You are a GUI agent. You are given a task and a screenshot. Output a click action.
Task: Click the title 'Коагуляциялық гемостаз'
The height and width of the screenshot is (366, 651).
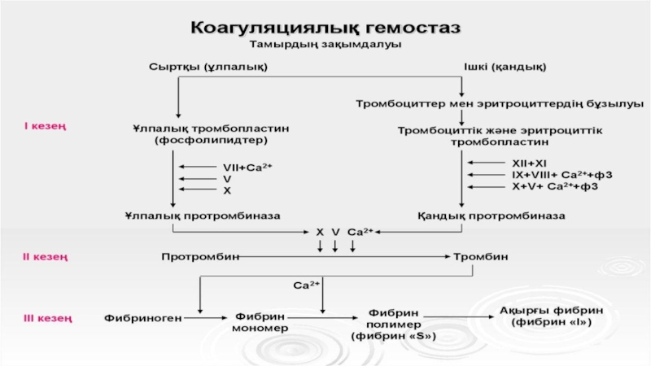[x=325, y=27]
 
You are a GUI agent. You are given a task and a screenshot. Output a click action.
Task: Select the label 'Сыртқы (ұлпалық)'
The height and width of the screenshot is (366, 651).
[x=209, y=66]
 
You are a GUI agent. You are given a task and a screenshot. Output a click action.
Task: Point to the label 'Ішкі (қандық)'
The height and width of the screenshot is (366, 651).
[x=505, y=66]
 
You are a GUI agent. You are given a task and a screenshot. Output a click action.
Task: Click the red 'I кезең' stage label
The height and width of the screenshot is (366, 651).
[x=45, y=126]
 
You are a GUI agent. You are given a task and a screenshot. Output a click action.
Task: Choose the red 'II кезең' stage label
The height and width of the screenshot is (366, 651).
[x=45, y=258]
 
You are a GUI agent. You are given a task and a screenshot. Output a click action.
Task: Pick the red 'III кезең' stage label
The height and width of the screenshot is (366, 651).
[x=46, y=317]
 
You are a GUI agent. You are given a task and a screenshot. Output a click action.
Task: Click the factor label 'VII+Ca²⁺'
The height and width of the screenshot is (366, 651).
[x=247, y=167]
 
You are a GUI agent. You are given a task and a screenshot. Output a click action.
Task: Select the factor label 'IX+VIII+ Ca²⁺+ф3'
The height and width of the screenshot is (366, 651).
[x=561, y=175]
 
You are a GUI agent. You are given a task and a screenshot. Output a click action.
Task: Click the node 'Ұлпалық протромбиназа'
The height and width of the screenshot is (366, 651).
[x=203, y=216]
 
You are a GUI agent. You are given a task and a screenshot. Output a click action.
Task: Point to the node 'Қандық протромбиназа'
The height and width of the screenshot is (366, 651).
[x=492, y=216]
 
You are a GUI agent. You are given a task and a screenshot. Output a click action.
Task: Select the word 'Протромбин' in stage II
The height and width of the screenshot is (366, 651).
[x=200, y=258]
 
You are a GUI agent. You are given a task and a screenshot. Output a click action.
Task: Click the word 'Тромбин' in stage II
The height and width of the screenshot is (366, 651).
[x=480, y=258]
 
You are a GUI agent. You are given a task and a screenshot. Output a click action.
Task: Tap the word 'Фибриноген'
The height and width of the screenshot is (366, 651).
[x=142, y=317]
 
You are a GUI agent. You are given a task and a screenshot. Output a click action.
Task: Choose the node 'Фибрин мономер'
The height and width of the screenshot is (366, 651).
[x=260, y=322]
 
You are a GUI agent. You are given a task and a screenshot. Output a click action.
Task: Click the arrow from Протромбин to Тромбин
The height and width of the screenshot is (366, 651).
[x=345, y=258]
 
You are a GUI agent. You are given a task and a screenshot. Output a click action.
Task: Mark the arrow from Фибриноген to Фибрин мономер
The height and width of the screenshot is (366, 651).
[x=204, y=317]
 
